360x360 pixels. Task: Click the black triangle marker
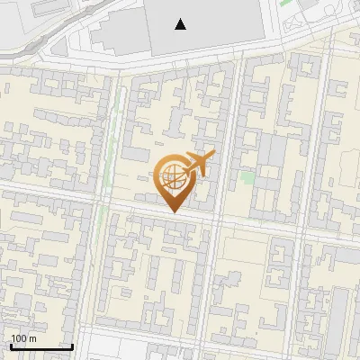pos(181,24)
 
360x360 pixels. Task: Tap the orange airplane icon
pos(199,164)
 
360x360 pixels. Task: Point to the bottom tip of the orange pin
pos(174,212)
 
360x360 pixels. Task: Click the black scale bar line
pos(41,346)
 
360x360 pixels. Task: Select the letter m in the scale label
pos(32,338)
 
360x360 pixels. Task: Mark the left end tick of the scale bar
pos(11,345)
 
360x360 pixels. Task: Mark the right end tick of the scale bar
pos(72,345)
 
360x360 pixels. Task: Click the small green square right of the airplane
pos(247,177)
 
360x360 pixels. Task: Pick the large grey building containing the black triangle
pos(207,22)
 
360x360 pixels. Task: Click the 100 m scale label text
pos(23,338)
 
